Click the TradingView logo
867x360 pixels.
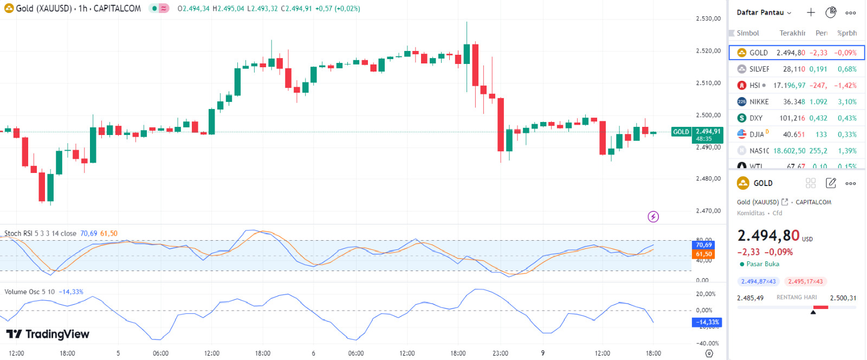coord(48,334)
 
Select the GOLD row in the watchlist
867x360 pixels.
coord(796,53)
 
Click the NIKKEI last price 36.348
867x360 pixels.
coord(794,102)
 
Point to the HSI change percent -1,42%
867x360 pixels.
coord(845,86)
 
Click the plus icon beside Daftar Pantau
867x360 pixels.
coord(811,12)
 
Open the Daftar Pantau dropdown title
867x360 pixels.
coord(764,12)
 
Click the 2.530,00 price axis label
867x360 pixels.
coord(708,19)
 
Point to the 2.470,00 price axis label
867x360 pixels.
coord(708,211)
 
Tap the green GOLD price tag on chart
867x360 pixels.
coord(681,132)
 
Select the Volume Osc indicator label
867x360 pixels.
coord(30,292)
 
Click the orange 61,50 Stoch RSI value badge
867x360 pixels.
coord(704,254)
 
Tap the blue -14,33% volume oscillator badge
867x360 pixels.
coord(707,322)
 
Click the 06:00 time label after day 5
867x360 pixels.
coord(160,353)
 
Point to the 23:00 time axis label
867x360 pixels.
coord(500,353)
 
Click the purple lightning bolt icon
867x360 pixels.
coord(654,217)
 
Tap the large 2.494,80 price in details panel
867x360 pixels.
coord(768,236)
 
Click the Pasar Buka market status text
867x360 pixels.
coord(762,264)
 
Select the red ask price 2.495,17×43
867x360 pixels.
coord(805,281)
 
